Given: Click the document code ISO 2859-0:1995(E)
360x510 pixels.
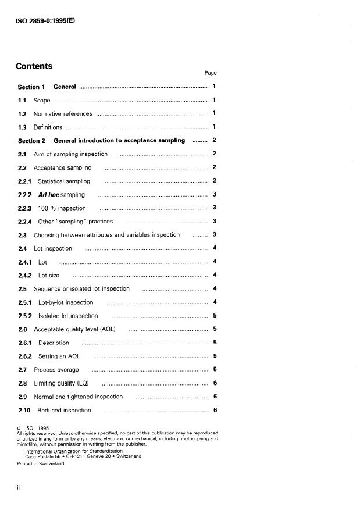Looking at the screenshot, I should pyautogui.click(x=46, y=20).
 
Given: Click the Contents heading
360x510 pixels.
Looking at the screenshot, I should pyautogui.click(x=34, y=66).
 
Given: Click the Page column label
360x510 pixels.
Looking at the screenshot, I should pyautogui.click(x=210, y=73).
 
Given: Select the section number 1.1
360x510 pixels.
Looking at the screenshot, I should pyautogui.click(x=22, y=101).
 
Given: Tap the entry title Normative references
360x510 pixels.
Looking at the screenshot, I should pyautogui.click(x=63, y=114).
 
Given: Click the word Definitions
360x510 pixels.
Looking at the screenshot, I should pyautogui.click(x=47, y=127).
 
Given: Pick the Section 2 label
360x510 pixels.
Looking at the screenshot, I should pyautogui.click(x=31, y=141).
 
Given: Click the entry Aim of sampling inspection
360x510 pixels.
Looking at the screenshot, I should pyautogui.click(x=70, y=154).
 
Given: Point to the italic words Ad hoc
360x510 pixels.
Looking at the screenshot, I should pyautogui.click(x=49, y=195).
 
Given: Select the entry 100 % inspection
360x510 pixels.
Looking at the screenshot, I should pyautogui.click(x=62, y=208).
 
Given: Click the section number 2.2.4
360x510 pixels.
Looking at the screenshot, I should pyautogui.click(x=25, y=222).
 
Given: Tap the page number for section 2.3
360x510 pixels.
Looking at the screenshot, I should pyautogui.click(x=215, y=235).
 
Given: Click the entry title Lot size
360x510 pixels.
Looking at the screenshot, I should pyautogui.click(x=49, y=275).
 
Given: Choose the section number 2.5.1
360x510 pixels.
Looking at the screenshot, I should pyautogui.click(x=25, y=302).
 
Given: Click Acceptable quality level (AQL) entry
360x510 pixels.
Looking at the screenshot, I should pyautogui.click(x=74, y=329).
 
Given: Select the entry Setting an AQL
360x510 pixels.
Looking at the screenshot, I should pyautogui.click(x=59, y=356).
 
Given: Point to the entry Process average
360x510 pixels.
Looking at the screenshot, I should pyautogui.click(x=56, y=369).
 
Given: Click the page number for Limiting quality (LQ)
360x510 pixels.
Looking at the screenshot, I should pyautogui.click(x=215, y=383).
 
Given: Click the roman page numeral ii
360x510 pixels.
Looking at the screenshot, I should pyautogui.click(x=19, y=487).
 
